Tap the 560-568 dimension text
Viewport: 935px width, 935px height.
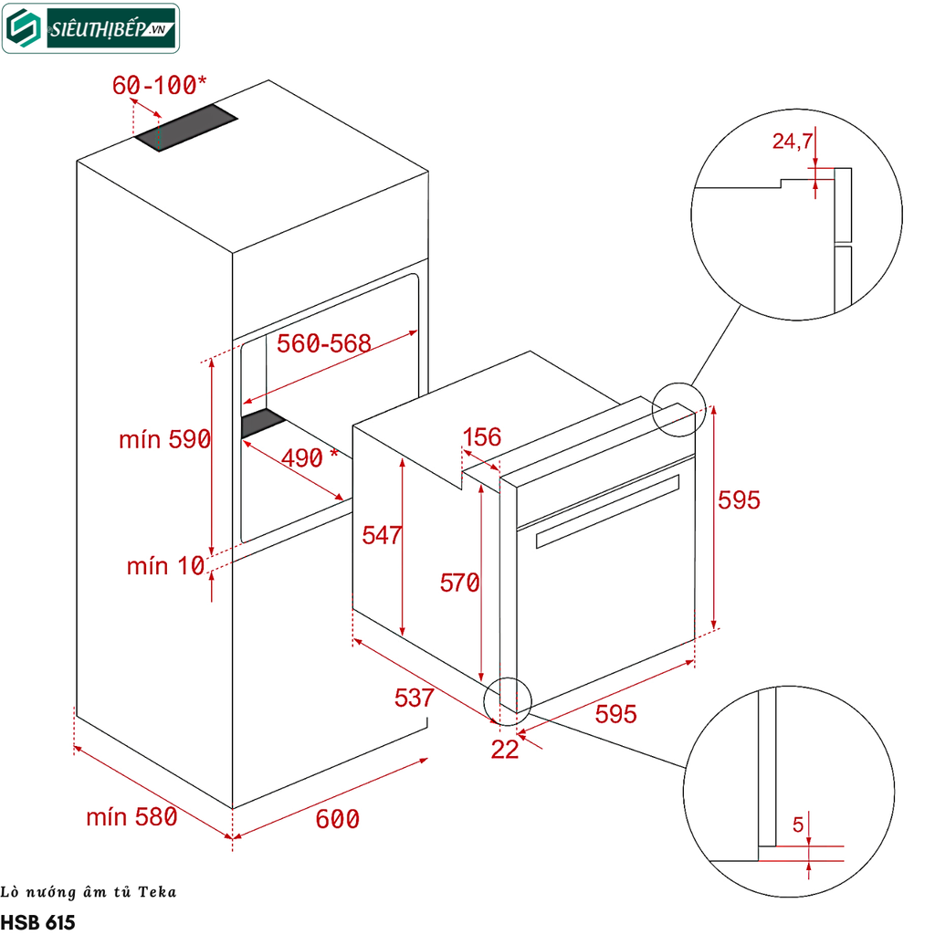pos(324,344)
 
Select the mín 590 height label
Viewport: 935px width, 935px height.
pos(164,439)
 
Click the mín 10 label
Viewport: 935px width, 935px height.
pos(165,566)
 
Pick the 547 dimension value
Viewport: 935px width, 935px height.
pos(382,535)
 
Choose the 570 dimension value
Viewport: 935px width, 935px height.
pos(459,582)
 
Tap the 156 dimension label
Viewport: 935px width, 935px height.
pos(481,437)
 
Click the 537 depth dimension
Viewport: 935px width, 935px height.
pos(414,698)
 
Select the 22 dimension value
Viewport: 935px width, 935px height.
pos(504,750)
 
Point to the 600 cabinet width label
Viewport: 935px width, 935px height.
pos(337,819)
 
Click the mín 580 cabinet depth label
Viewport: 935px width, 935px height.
pos(131,817)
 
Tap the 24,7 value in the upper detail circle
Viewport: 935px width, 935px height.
pos(792,141)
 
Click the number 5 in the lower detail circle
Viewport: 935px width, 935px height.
pos(797,825)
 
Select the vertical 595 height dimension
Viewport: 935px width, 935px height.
pos(738,499)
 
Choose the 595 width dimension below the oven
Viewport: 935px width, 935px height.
pos(615,714)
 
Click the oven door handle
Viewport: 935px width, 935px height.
pos(607,511)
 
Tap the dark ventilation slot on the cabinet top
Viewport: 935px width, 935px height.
pos(186,128)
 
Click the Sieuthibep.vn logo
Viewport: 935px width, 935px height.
pos(90,28)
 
